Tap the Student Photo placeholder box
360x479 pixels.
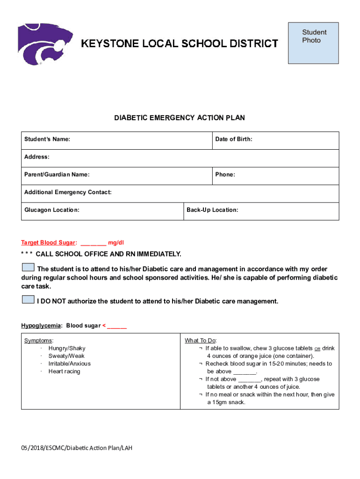pyautogui.click(x=313, y=43)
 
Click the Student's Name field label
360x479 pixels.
pyautogui.click(x=47, y=139)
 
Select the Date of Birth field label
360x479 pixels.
pyautogui.click(x=233, y=139)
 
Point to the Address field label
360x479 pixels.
pyautogui.click(x=37, y=157)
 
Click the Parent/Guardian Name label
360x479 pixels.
pyautogui.click(x=57, y=174)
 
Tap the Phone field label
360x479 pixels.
pyautogui.click(x=225, y=174)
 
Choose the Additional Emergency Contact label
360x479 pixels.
pyautogui.click(x=68, y=192)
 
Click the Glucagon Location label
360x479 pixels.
pyautogui.click(x=51, y=210)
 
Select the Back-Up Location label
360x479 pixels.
pyautogui.click(x=212, y=210)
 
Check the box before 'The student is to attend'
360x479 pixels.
pyautogui.click(x=28, y=268)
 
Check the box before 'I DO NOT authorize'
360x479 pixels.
pyautogui.click(x=28, y=300)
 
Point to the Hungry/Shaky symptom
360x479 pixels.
pyautogui.click(x=67, y=348)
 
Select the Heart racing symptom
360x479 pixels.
pyautogui.click(x=64, y=371)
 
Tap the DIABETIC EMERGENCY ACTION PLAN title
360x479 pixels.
pyautogui.click(x=180, y=118)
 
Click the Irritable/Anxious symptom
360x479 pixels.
pyautogui.click(x=69, y=364)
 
